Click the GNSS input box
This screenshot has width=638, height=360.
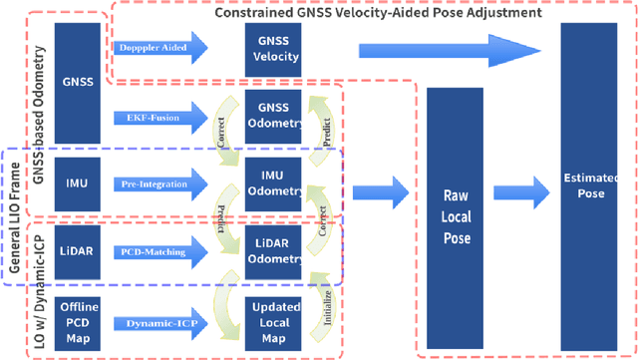click(x=78, y=81)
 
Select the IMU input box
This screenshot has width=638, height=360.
click(x=78, y=183)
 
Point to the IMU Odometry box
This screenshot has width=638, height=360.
click(x=272, y=183)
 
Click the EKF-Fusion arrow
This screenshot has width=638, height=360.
click(x=159, y=118)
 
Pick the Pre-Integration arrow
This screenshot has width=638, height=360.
click(x=159, y=183)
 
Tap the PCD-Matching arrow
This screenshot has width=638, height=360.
click(x=159, y=251)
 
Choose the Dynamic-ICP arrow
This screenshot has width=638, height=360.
click(x=159, y=324)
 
